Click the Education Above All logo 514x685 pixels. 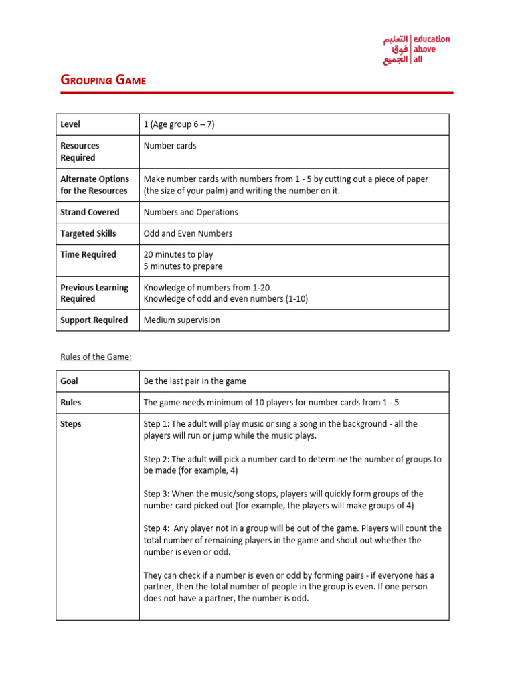[x=416, y=50]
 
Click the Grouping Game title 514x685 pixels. [x=103, y=80]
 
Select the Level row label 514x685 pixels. [x=70, y=124]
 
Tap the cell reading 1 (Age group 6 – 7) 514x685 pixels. [x=179, y=124]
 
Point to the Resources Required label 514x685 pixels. [x=80, y=152]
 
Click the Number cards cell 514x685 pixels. [x=170, y=146]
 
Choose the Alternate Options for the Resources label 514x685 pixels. [x=94, y=185]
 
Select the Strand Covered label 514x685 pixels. [x=90, y=212]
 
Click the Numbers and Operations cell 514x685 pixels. [x=191, y=212]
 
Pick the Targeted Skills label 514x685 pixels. [x=88, y=233]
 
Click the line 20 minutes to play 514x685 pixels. [x=178, y=254]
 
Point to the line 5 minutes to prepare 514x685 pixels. [x=183, y=266]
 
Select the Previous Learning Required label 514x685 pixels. [x=94, y=293]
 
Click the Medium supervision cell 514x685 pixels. [x=181, y=320]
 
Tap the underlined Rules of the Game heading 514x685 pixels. [x=96, y=357]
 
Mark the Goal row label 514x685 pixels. [x=69, y=381]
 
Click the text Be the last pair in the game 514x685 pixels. [x=195, y=381]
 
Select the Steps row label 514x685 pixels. [x=70, y=424]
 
